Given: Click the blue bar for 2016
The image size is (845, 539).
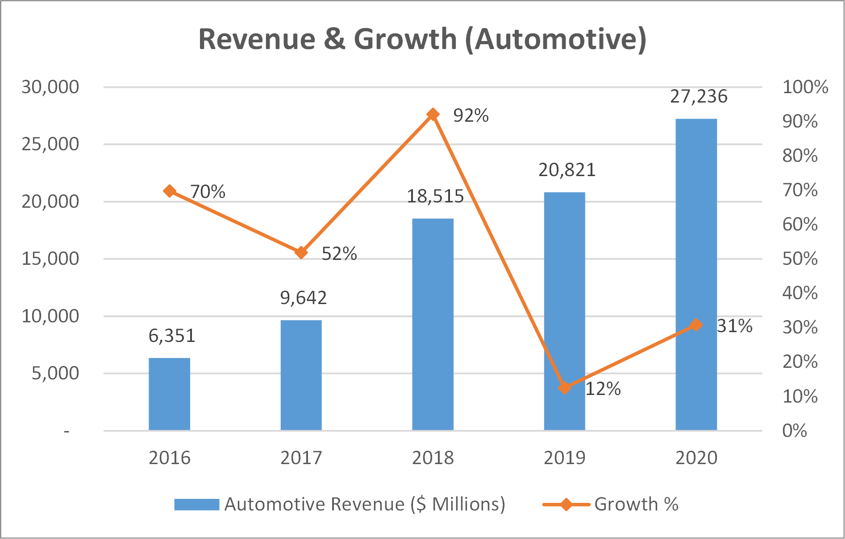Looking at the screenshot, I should coord(169,394).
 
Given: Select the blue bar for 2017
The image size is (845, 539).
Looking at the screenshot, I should coord(301,375).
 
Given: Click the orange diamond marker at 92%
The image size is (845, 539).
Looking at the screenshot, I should coord(433,115).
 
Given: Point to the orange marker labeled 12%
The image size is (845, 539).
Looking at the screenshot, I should coord(565,387).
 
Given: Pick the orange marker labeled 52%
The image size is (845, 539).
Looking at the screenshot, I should coord(301,252).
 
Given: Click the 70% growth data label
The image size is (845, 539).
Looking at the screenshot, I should coord(208,192).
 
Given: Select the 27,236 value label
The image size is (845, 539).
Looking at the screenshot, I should coord(699,96).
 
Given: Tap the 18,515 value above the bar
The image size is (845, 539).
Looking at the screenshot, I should coord(435,196).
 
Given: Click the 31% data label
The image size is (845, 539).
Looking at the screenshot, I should coord(734,326).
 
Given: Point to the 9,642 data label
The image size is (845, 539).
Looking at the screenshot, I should coord(304,298).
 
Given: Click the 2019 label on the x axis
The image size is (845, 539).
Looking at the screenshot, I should coord(564,458).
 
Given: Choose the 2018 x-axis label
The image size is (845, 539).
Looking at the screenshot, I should coord(433,458).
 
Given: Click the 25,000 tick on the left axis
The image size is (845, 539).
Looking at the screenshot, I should coord(50,144).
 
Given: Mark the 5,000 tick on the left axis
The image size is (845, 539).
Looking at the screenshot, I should coord(55,373).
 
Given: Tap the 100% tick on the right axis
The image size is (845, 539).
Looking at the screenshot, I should coord(805,87).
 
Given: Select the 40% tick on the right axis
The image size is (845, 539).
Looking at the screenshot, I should coord(799,293).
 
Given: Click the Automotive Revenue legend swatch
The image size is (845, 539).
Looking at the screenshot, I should coord(196,504).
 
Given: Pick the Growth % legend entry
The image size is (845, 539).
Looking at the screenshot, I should coord(636,504).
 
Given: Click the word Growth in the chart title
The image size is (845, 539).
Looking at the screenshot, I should coord(405,39).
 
